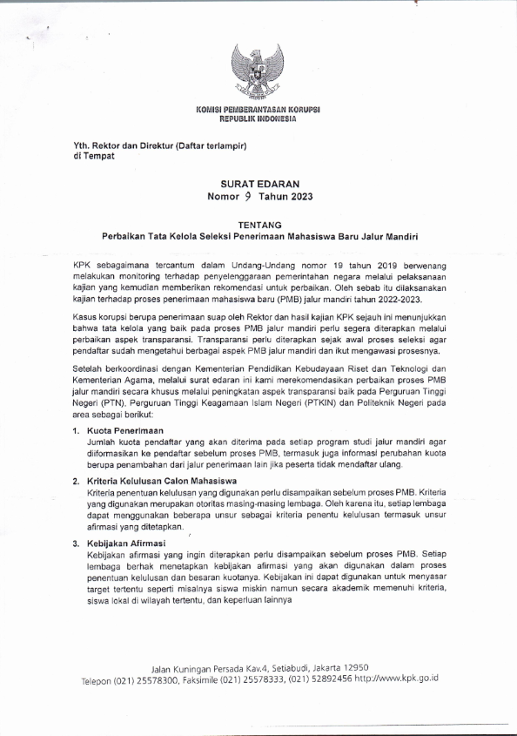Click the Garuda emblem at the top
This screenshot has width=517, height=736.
tap(258, 70)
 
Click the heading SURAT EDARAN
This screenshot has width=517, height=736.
tap(258, 184)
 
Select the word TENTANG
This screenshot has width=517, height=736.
tap(258, 224)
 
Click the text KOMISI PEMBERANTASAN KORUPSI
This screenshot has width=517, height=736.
tap(258, 109)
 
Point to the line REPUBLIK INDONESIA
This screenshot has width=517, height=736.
tap(258, 118)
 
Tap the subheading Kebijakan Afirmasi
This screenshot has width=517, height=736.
tap(128, 543)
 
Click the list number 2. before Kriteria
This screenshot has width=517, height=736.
tap(77, 481)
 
